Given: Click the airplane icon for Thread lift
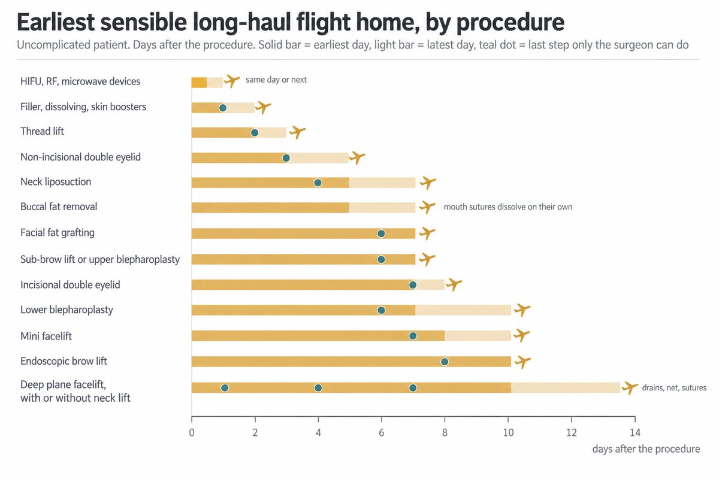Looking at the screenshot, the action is click(x=297, y=132).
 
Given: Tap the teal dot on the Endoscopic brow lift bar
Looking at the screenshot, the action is click(x=445, y=362).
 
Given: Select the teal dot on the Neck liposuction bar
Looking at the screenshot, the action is click(x=318, y=183).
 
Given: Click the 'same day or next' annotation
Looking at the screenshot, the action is click(x=276, y=80).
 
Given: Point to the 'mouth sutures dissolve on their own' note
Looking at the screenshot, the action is click(x=508, y=207).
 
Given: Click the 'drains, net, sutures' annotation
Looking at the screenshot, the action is click(x=674, y=387).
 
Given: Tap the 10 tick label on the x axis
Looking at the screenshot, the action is click(x=508, y=433).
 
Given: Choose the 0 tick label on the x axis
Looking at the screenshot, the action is click(x=192, y=433).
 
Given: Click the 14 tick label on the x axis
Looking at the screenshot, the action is click(x=635, y=433).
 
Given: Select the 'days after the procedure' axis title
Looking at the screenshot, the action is click(x=646, y=449).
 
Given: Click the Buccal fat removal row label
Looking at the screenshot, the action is click(x=59, y=207).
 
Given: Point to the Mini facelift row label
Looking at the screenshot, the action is click(x=46, y=336).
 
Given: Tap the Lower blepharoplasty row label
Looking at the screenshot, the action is click(x=67, y=310).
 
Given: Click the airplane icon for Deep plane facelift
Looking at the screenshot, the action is click(x=630, y=387).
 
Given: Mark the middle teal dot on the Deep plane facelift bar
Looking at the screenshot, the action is click(x=318, y=388).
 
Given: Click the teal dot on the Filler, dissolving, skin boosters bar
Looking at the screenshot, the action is click(x=223, y=108).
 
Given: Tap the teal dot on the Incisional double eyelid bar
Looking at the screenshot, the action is click(x=413, y=285).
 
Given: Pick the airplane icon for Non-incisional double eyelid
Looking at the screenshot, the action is click(x=357, y=157).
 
